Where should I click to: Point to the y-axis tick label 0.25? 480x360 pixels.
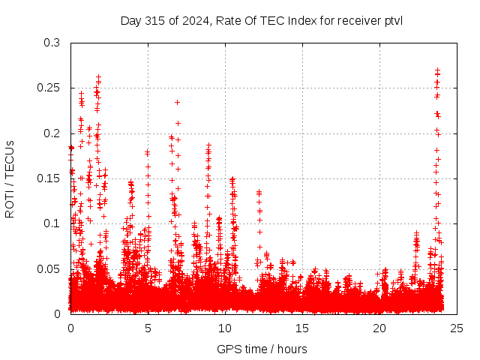point(50,88)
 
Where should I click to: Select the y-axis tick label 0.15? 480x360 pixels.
point(50,178)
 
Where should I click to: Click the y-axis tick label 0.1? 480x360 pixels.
point(53,223)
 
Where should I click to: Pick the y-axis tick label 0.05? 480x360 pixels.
point(50,268)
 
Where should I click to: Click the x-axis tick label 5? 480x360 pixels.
point(148,328)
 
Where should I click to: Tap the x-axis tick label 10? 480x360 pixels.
point(225,328)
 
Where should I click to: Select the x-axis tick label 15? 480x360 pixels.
point(302,328)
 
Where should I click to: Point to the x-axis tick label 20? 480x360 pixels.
point(379,328)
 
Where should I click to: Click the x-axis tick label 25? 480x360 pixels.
point(457,328)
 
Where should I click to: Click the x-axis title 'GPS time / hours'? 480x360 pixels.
point(262,349)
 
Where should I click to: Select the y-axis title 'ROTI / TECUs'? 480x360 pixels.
point(10,178)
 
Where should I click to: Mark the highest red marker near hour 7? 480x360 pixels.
point(178,102)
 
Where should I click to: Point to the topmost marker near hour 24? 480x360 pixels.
point(437,70)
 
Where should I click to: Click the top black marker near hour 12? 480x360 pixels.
point(259,192)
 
